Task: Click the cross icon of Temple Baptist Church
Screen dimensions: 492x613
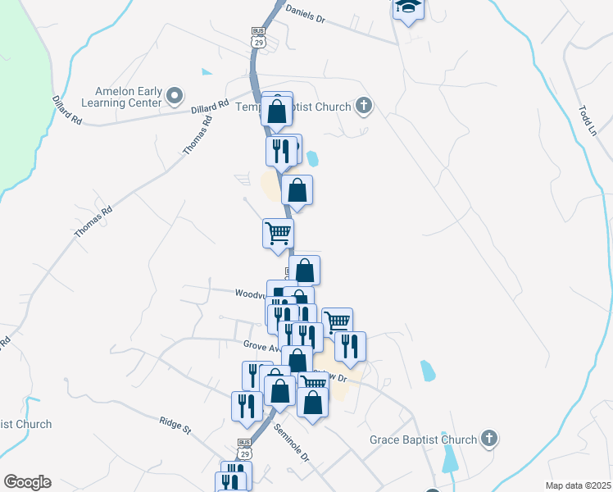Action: pos(364,107)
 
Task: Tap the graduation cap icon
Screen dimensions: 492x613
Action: pos(406,9)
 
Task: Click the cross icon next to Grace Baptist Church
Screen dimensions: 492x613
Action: pos(489,439)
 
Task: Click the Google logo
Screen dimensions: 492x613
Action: pos(27,482)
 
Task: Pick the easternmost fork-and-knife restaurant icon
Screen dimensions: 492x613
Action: pos(350,346)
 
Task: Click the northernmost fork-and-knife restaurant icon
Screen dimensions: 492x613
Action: pos(280,151)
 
